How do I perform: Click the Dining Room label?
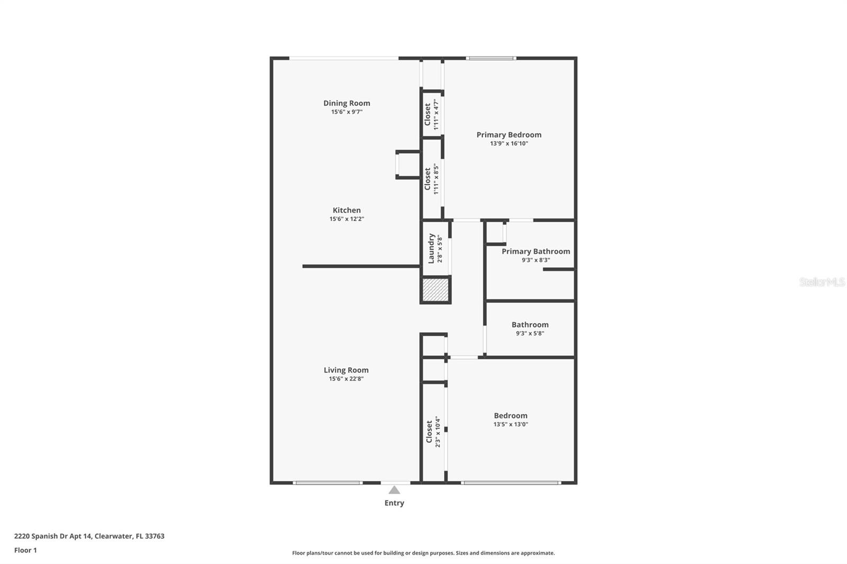[x=347, y=103]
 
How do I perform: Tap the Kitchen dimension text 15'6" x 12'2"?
[x=347, y=219]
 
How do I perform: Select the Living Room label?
[x=346, y=370]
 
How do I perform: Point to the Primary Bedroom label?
[x=509, y=135]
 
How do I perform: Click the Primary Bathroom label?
[x=536, y=251]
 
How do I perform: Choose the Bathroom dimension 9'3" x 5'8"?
[x=530, y=333]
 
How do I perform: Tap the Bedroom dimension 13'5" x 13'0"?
[x=511, y=424]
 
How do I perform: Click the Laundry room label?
[x=431, y=248]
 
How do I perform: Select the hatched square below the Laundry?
[x=435, y=290]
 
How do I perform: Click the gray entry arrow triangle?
[x=394, y=490]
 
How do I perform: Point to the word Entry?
[x=394, y=503]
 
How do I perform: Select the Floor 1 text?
[x=25, y=550]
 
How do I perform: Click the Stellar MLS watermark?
[x=822, y=282]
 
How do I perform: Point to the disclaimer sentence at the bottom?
[x=424, y=553]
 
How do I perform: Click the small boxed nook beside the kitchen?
[x=408, y=165]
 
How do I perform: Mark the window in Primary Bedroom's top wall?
[x=491, y=58]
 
